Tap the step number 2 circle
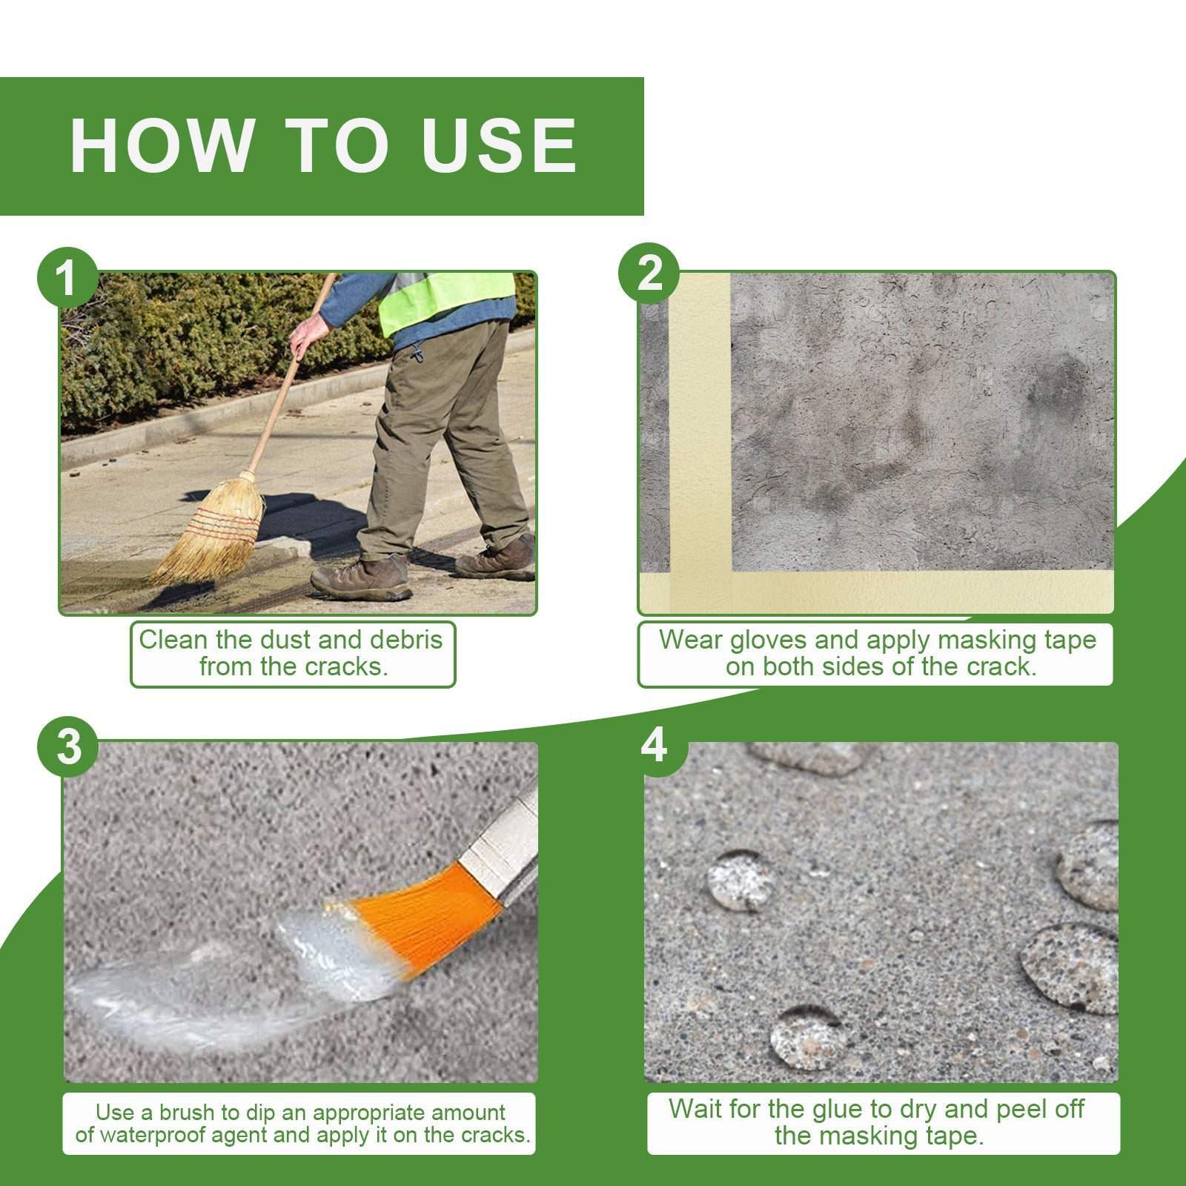point(649,274)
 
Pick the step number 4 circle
point(654,745)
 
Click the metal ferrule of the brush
point(504,845)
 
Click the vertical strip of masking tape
point(700,430)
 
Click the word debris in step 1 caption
point(405,640)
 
